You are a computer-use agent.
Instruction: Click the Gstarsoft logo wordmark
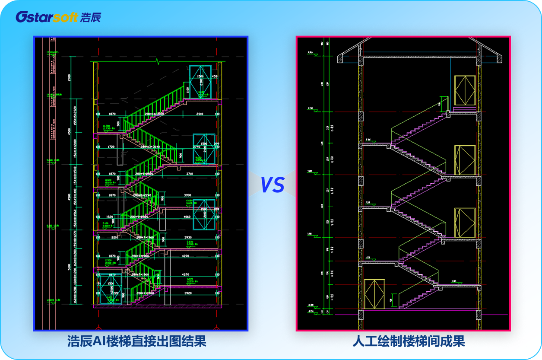click(47, 17)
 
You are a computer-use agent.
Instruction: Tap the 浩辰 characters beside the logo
click(91, 17)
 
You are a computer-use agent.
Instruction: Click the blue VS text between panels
click(272, 185)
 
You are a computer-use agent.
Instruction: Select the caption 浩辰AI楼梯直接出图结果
click(137, 342)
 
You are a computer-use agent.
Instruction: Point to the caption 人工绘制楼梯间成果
click(409, 342)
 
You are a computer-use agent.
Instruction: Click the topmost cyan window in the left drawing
click(200, 82)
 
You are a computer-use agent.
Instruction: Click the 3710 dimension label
click(200, 174)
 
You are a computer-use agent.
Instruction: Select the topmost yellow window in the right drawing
click(465, 90)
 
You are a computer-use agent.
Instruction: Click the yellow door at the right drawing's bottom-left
click(374, 294)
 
